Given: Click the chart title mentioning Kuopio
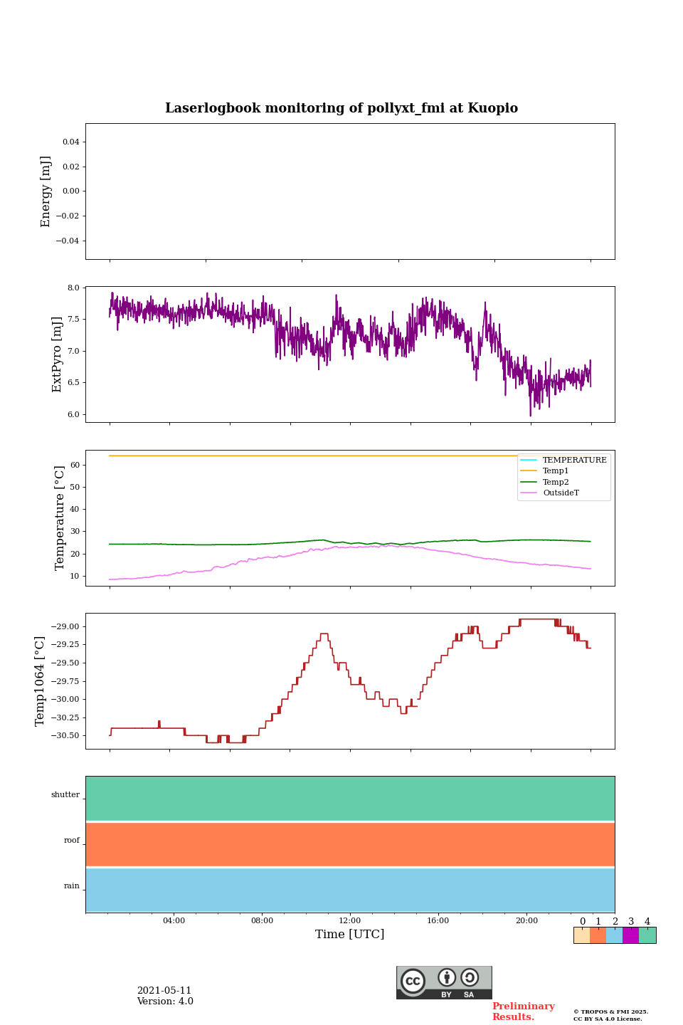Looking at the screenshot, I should click(341, 108).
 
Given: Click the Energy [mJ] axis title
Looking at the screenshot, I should click(46, 191).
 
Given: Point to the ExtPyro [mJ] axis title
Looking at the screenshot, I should click(57, 354).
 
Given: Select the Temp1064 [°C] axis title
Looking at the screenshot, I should click(41, 681).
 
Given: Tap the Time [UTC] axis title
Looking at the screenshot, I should click(349, 934).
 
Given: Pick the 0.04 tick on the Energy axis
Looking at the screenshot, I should click(70, 142).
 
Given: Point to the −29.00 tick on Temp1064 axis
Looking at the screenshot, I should click(65, 626).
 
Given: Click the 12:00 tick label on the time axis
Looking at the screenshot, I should click(349, 920).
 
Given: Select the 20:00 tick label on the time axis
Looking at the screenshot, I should click(526, 920).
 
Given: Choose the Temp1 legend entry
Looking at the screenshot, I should click(556, 471).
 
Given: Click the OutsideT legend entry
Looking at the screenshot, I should click(561, 493).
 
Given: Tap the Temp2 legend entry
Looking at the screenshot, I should click(556, 482).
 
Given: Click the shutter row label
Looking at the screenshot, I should click(65, 795).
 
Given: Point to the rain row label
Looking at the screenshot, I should click(72, 886).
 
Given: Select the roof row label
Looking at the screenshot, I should click(72, 841).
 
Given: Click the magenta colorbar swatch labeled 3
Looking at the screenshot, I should click(630, 935).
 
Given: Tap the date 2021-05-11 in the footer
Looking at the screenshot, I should click(164, 991).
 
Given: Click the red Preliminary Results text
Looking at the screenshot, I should click(523, 1011).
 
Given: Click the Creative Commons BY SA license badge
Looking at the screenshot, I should click(444, 982).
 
